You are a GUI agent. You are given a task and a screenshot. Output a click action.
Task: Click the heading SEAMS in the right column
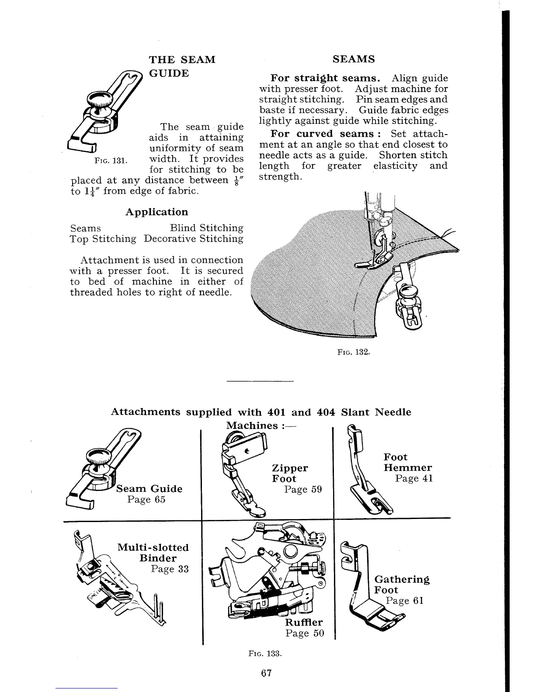(x=354, y=59)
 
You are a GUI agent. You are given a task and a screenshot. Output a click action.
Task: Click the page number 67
(x=266, y=673)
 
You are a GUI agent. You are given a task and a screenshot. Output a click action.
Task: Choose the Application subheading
(x=156, y=212)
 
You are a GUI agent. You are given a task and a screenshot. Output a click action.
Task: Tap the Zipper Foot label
(x=289, y=473)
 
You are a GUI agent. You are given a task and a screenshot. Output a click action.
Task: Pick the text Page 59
(x=302, y=489)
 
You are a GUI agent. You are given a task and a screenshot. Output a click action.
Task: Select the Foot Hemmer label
(x=407, y=462)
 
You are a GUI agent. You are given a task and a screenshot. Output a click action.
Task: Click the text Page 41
(x=413, y=478)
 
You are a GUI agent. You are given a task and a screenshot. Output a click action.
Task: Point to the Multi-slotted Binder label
(x=153, y=553)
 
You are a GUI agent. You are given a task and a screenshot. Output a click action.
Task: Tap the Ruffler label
(x=304, y=622)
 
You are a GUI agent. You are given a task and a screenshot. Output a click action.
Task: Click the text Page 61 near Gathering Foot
(x=405, y=601)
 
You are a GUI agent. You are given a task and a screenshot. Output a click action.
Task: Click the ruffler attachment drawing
(x=267, y=577)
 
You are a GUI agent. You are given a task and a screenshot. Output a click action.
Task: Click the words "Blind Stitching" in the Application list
(x=206, y=228)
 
